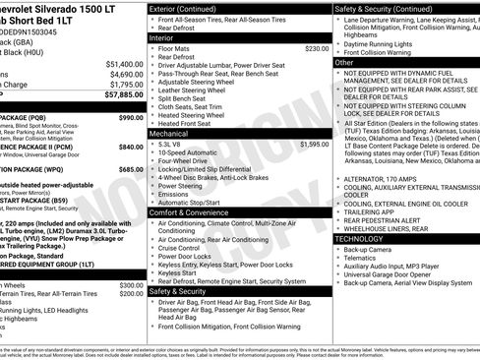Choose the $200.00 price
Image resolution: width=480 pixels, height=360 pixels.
tap(131, 294)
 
